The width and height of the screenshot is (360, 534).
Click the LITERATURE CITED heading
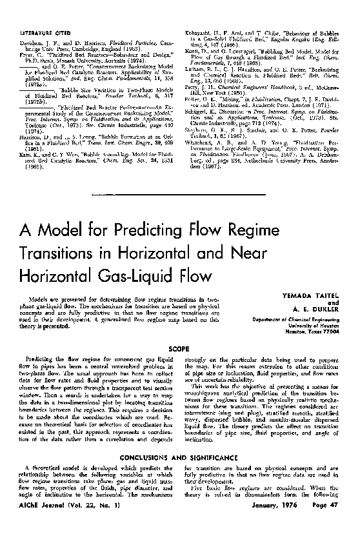[x=47, y=14]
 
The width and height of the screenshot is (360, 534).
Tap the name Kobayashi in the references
[x=201, y=14]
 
